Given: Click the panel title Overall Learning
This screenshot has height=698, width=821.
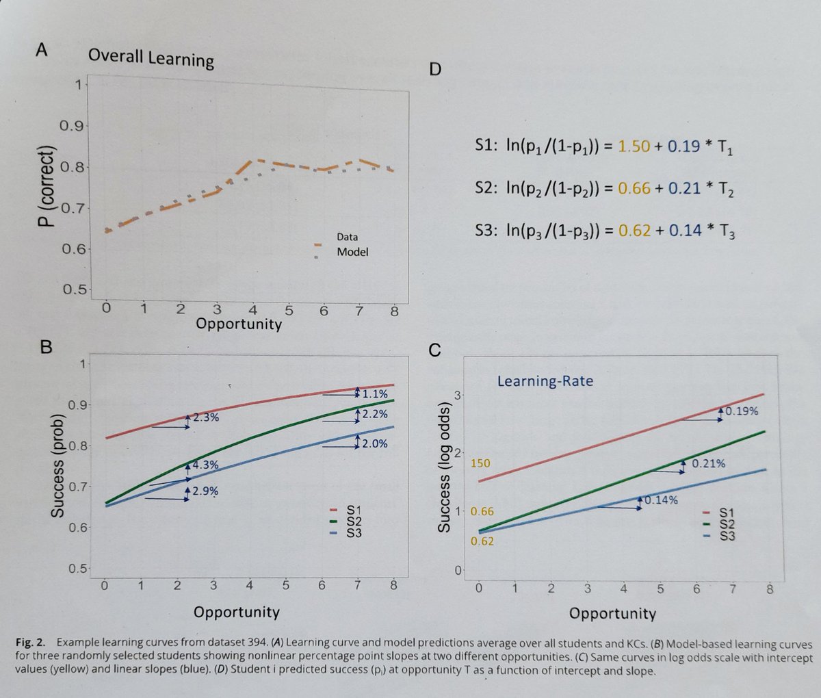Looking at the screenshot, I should point(151,58).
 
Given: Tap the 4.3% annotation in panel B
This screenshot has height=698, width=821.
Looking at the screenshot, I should point(205,465).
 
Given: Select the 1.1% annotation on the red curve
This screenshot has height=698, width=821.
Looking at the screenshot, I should point(375,394).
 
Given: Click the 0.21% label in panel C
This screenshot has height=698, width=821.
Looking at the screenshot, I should point(708,464).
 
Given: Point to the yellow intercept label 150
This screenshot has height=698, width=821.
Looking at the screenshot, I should point(480,463).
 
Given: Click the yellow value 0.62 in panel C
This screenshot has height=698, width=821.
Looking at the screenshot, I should point(482,541).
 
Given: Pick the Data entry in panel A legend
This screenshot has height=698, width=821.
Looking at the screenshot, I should point(347,237).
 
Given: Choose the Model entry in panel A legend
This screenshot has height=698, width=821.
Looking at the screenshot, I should point(352,252).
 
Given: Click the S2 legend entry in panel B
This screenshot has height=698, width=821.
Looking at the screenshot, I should point(353,521).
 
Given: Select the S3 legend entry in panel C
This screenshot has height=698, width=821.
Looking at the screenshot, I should point(727,536).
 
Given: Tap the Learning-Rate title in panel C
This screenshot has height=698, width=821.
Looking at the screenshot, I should point(545,381).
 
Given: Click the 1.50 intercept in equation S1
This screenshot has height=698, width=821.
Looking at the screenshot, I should point(634,146).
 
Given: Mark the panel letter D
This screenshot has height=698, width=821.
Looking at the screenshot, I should point(435,70).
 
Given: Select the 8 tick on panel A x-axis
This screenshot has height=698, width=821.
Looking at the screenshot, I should point(393,310).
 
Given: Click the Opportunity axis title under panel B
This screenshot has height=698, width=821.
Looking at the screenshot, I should point(236,611).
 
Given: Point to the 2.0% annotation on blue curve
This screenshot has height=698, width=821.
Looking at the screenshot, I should point(374,444).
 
